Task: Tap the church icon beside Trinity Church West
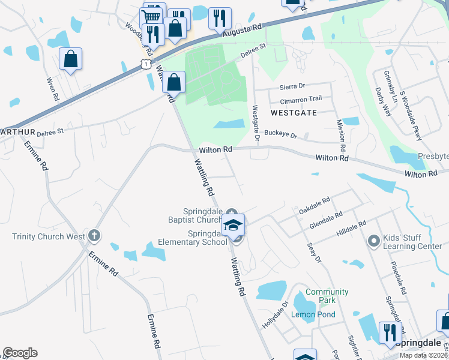94,236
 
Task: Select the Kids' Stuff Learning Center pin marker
374,241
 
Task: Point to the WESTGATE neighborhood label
293,112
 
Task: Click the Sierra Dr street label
292,86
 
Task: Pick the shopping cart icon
152,16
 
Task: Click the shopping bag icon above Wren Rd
70,59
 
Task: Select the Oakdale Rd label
315,204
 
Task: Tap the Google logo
20,353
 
